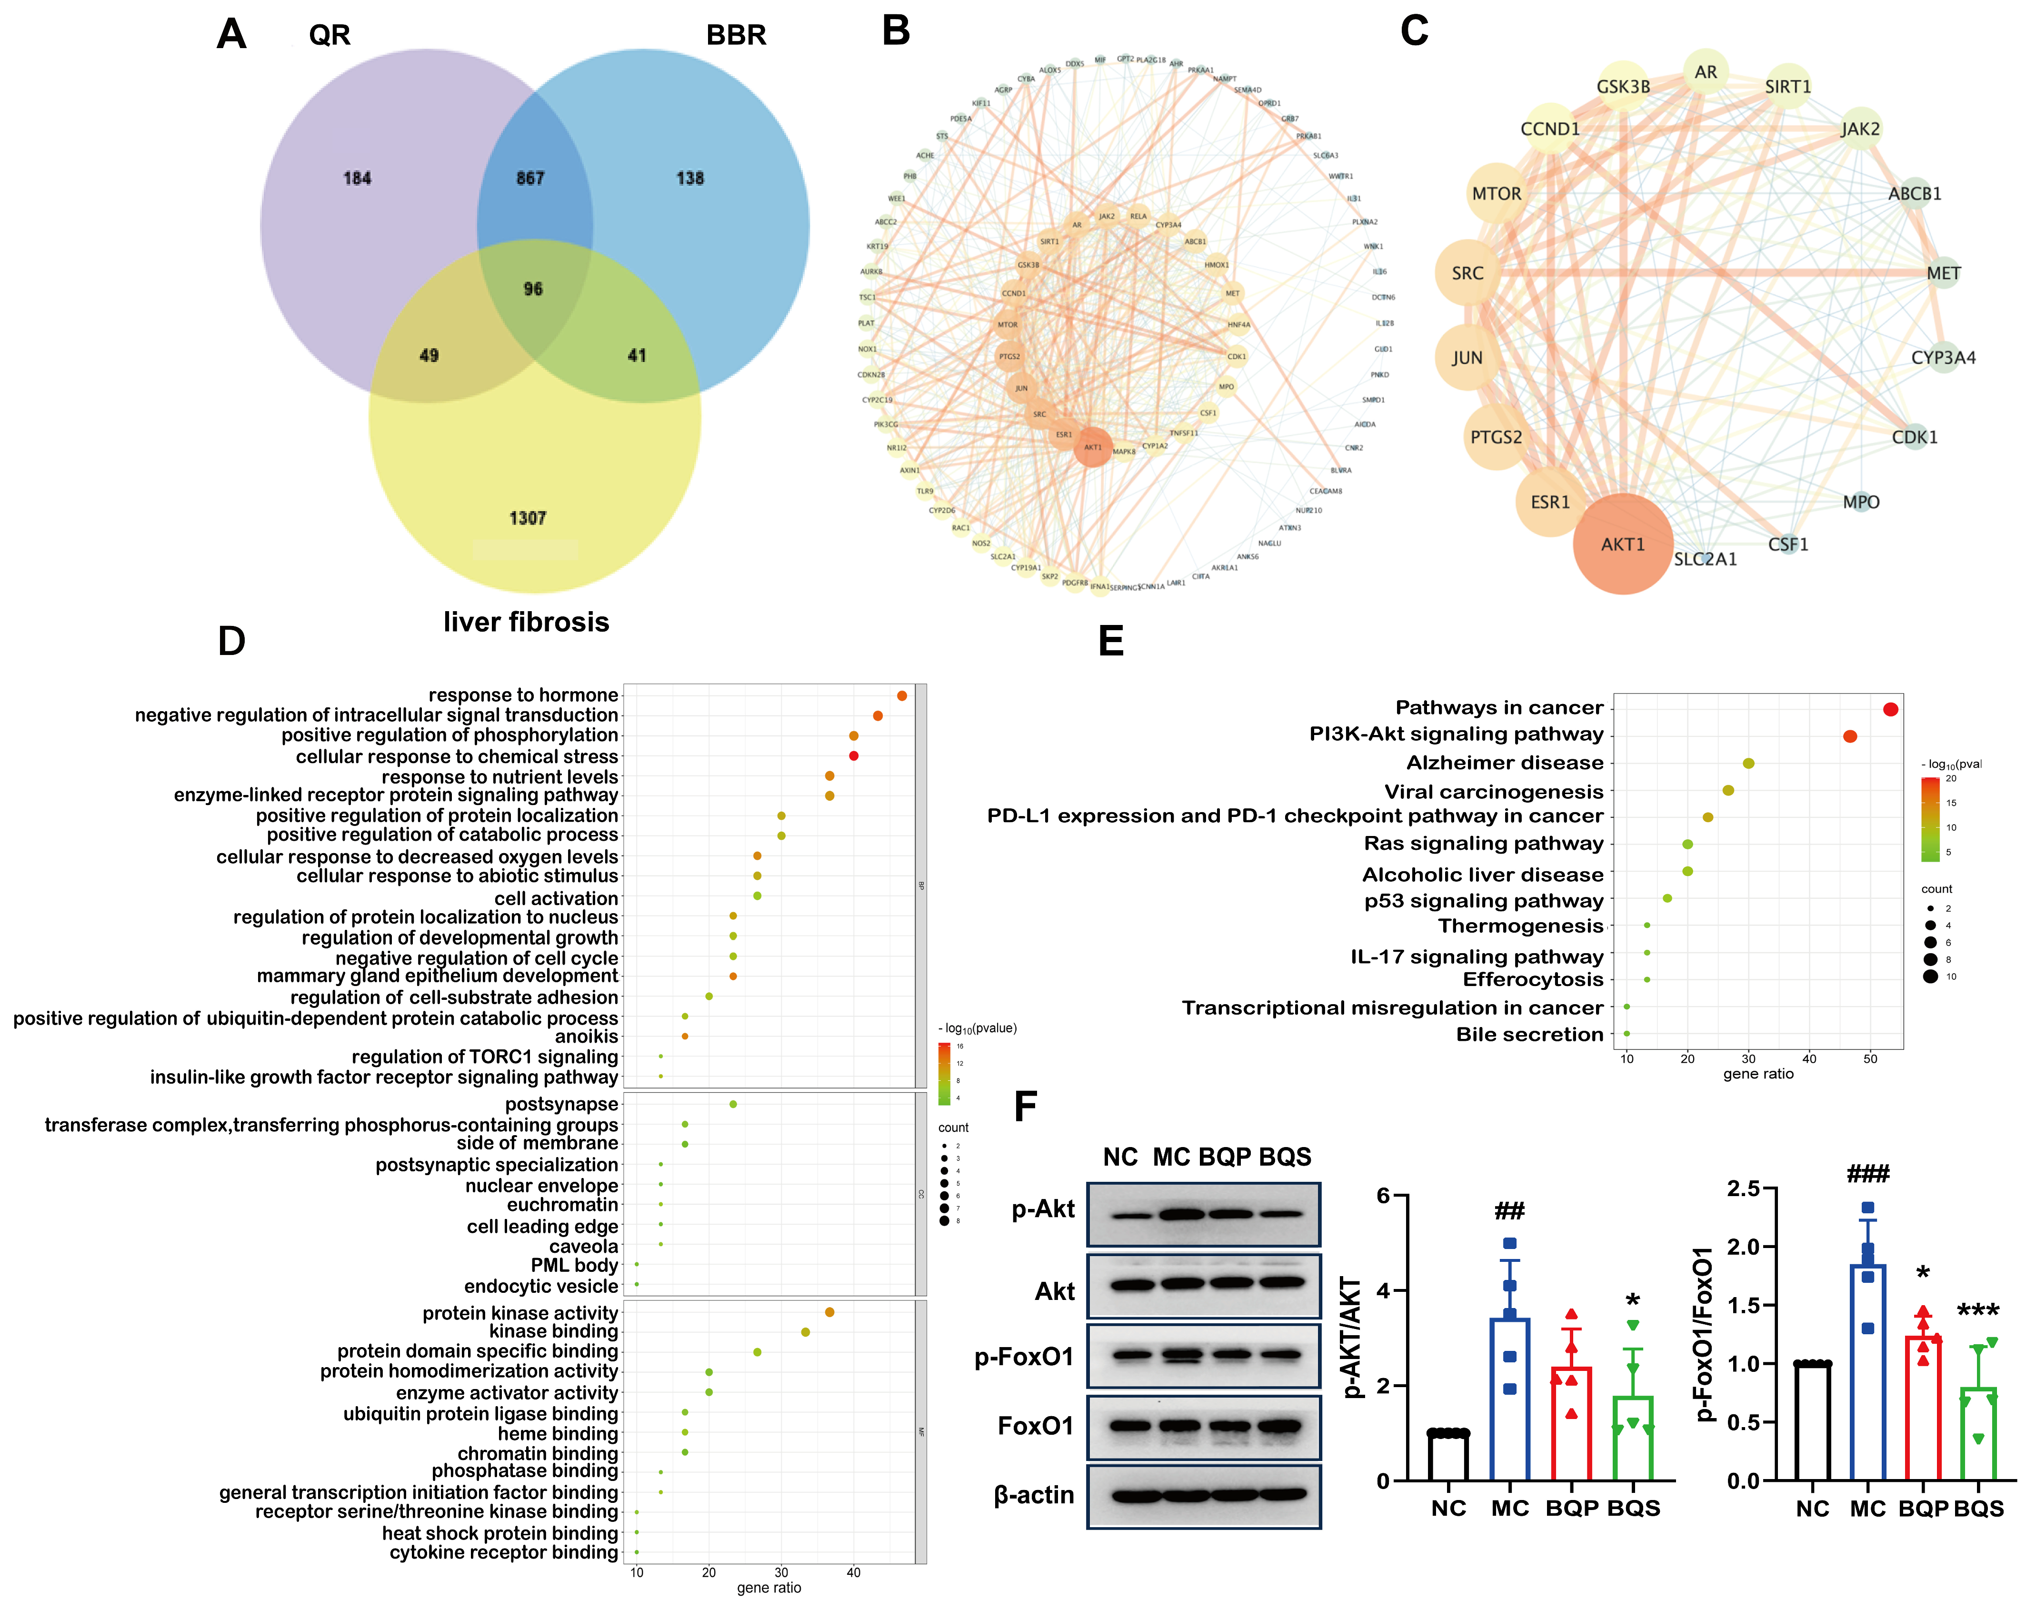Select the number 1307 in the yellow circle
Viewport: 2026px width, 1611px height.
527,518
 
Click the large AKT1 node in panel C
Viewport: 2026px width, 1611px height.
1623,544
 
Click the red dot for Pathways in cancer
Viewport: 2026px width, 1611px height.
1891,710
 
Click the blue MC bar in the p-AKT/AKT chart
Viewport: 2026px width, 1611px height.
1509,1400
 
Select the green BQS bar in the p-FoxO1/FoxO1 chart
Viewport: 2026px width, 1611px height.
1978,1434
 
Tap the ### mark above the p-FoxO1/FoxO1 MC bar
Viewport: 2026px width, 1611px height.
1868,1173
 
